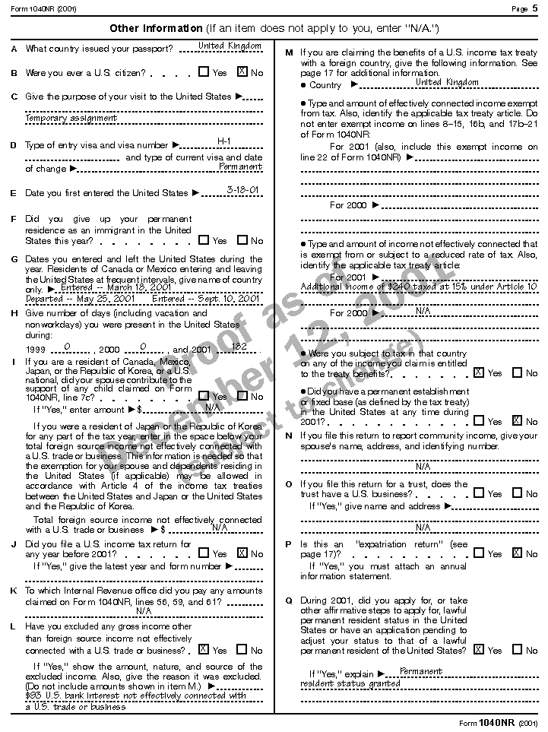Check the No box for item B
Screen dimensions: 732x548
coord(242,72)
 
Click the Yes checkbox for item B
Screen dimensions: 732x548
coord(204,72)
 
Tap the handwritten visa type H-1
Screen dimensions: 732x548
coord(224,141)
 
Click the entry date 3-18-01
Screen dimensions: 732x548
coord(244,190)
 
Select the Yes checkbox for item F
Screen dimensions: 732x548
coord(204,239)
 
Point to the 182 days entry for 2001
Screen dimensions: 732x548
coord(239,347)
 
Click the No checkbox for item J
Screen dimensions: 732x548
coord(242,553)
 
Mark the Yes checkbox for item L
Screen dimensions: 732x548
coord(204,649)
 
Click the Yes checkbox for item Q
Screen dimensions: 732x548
coord(478,649)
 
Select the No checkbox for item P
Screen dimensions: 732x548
coord(517,553)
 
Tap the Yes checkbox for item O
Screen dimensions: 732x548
coord(478,493)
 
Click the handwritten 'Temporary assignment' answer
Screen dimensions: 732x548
coord(71,118)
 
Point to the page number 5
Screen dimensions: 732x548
coord(535,8)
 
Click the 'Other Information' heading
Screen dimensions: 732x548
coord(157,28)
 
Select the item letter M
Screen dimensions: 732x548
coord(289,52)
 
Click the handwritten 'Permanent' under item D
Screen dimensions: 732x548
coord(240,166)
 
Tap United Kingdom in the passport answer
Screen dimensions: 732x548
coord(230,46)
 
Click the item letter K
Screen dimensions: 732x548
coord(14,590)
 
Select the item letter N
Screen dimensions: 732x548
coord(289,436)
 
